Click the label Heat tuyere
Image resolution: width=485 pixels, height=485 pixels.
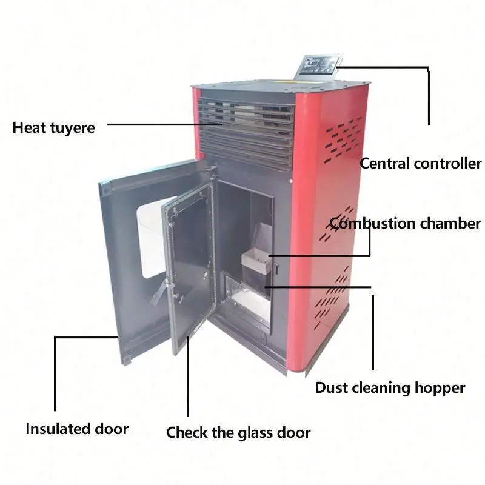[x=53, y=128]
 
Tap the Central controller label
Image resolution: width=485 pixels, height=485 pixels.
[x=420, y=163]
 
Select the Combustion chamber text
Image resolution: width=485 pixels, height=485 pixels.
[x=405, y=223]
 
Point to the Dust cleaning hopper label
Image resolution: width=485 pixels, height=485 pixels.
[x=390, y=387]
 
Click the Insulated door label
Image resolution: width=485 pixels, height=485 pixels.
[x=77, y=429]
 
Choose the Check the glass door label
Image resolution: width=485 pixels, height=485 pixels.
[x=238, y=432]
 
